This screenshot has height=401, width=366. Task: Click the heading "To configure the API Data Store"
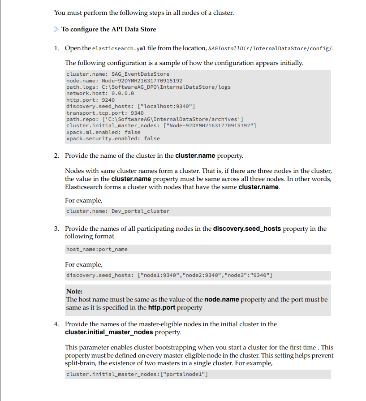pos(108,30)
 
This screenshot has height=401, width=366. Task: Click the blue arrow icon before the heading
pos(56,30)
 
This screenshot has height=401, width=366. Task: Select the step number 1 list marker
pos(56,48)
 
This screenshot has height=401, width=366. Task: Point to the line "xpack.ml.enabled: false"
pos(103,132)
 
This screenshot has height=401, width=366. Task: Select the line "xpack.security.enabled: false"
pos(112,138)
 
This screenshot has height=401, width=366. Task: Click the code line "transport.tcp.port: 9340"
pos(105,113)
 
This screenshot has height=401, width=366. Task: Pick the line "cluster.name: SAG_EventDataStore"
pos(117,74)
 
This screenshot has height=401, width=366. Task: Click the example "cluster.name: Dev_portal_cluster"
pos(117,211)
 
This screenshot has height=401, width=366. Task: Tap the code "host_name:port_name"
pos(96,249)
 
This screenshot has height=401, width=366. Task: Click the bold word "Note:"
pos(74,291)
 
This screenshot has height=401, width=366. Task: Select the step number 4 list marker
pos(56,324)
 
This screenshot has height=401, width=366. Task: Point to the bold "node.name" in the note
pos(221,299)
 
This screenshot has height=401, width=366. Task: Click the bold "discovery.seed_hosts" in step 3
pos(247,229)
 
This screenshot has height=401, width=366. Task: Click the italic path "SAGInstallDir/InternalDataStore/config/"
pos(271,48)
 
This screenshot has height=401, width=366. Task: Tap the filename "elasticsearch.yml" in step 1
pos(119,48)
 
